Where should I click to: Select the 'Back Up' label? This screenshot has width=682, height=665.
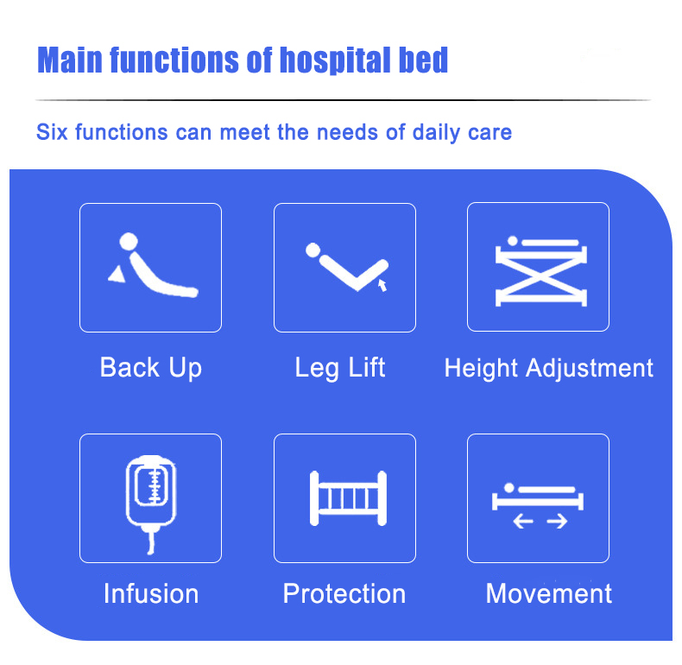[x=151, y=368]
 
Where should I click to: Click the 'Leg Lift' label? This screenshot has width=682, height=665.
[x=340, y=368]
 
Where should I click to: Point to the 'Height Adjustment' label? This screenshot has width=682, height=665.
[x=548, y=368]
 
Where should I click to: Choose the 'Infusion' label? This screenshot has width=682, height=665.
[x=151, y=593]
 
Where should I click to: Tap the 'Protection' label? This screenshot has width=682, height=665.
[x=344, y=593]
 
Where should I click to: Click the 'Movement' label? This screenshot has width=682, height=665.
[x=548, y=593]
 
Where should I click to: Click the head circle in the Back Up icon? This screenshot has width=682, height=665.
[x=129, y=242]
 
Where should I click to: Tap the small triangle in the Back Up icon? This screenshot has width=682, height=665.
[x=117, y=275]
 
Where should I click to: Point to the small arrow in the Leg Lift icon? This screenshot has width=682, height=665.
[x=382, y=286]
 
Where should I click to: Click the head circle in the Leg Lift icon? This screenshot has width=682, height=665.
[x=313, y=250]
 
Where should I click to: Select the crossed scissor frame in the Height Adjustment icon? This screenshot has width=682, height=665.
[x=541, y=275]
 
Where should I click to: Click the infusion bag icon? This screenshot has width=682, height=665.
[x=151, y=491]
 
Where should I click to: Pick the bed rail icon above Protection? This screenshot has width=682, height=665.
[x=348, y=498]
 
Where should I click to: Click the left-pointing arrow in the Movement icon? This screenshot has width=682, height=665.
[x=523, y=521]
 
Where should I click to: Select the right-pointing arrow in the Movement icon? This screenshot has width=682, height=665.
[x=557, y=521]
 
